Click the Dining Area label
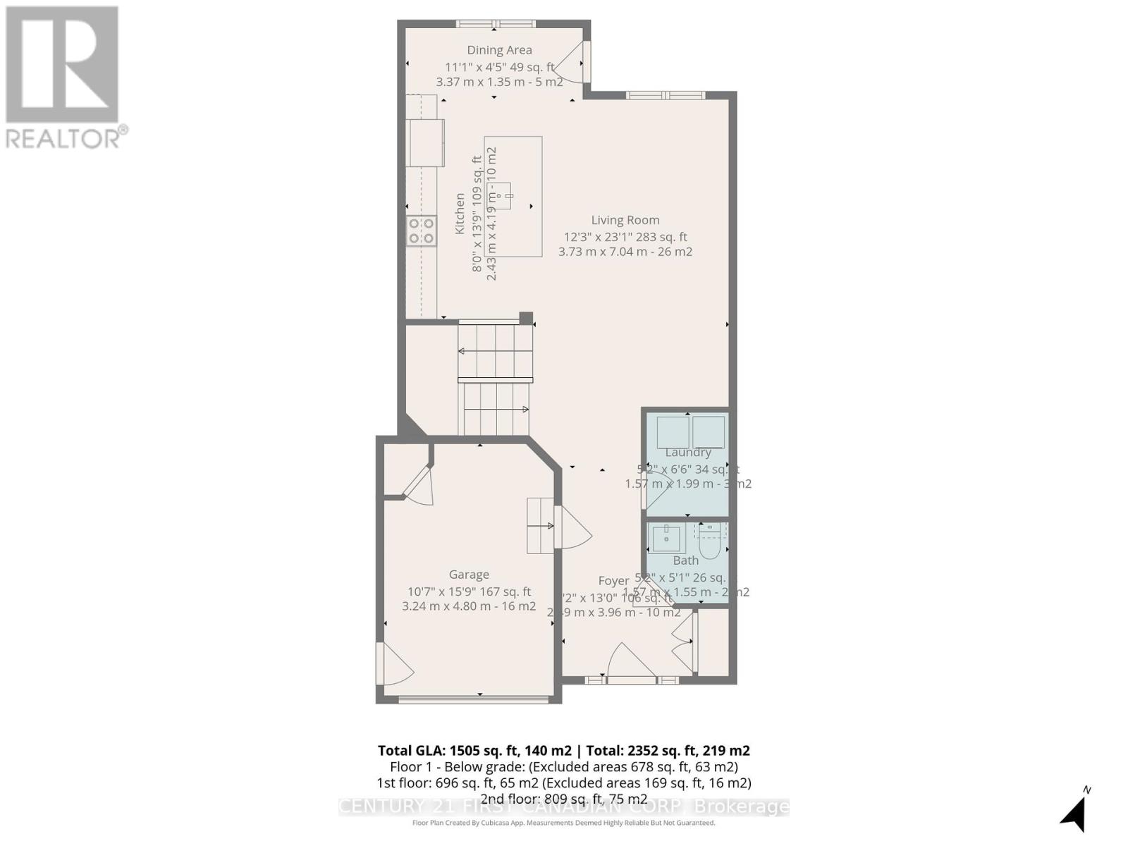[x=499, y=50]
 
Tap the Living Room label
[x=625, y=220]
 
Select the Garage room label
[x=469, y=575]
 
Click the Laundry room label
[x=687, y=453]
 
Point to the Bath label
[x=685, y=560]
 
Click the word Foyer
[x=613, y=581]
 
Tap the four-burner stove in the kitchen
[x=422, y=231]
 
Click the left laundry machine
[x=673, y=432]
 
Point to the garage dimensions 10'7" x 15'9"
[x=469, y=591]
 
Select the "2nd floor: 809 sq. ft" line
[x=563, y=799]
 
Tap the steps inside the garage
[x=541, y=525]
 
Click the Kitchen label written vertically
[x=460, y=214]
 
